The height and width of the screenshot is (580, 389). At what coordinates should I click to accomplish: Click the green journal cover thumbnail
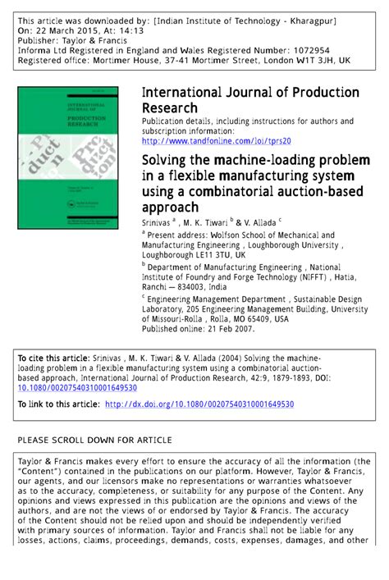coord(67,157)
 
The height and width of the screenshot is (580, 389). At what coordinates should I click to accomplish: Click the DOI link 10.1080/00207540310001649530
coord(77,388)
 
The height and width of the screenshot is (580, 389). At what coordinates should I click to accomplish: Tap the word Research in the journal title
coord(171,107)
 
